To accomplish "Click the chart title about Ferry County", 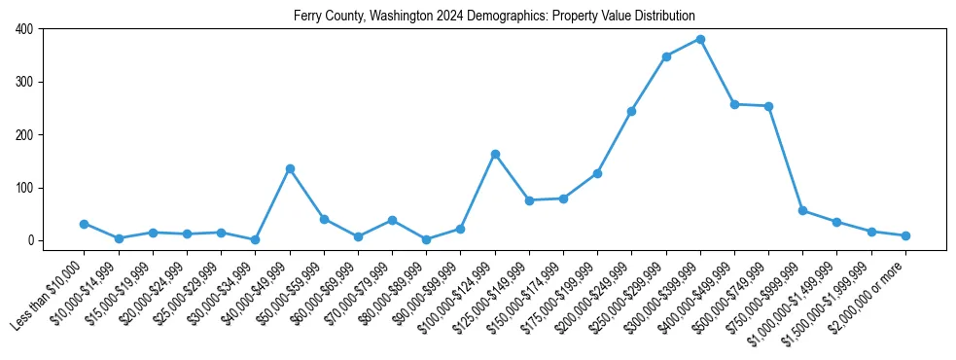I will click(495, 17).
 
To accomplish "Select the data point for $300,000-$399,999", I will click(700, 39).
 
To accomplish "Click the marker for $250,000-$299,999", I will click(666, 56).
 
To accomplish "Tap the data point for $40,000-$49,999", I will click(290, 168).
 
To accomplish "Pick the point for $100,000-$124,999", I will click(495, 154).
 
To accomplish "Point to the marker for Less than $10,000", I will click(85, 224).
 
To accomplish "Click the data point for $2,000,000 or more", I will click(905, 235).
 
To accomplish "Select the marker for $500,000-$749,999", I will click(768, 106).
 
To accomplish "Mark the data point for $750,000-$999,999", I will click(802, 210).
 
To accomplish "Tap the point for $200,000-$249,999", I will click(632, 111).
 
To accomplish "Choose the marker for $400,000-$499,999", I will click(734, 104).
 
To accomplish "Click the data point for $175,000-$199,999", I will click(597, 173).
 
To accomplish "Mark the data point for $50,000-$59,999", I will click(324, 219).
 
